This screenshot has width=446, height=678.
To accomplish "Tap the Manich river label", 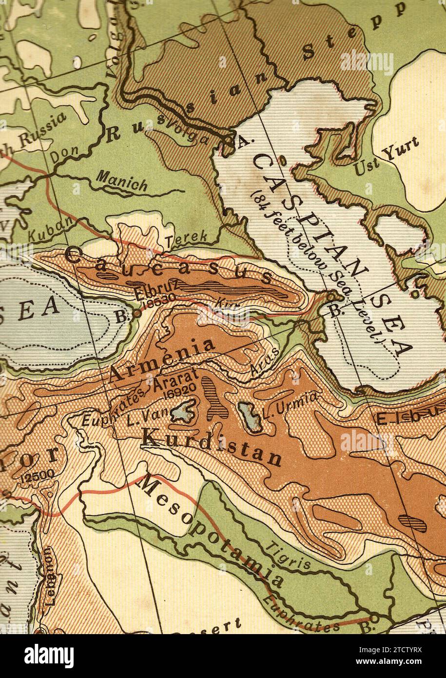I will point(122,181).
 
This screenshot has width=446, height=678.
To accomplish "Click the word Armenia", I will point(162,359).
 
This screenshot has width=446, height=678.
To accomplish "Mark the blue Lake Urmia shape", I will point(249,415).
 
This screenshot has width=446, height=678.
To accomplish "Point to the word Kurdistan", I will point(211,447).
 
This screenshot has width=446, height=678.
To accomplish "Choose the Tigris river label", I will point(290,555).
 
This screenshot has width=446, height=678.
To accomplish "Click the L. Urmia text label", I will point(290,406).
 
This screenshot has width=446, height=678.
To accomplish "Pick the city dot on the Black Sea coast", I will point(137,315).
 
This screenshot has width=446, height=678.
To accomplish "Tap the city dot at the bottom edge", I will point(373,618).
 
